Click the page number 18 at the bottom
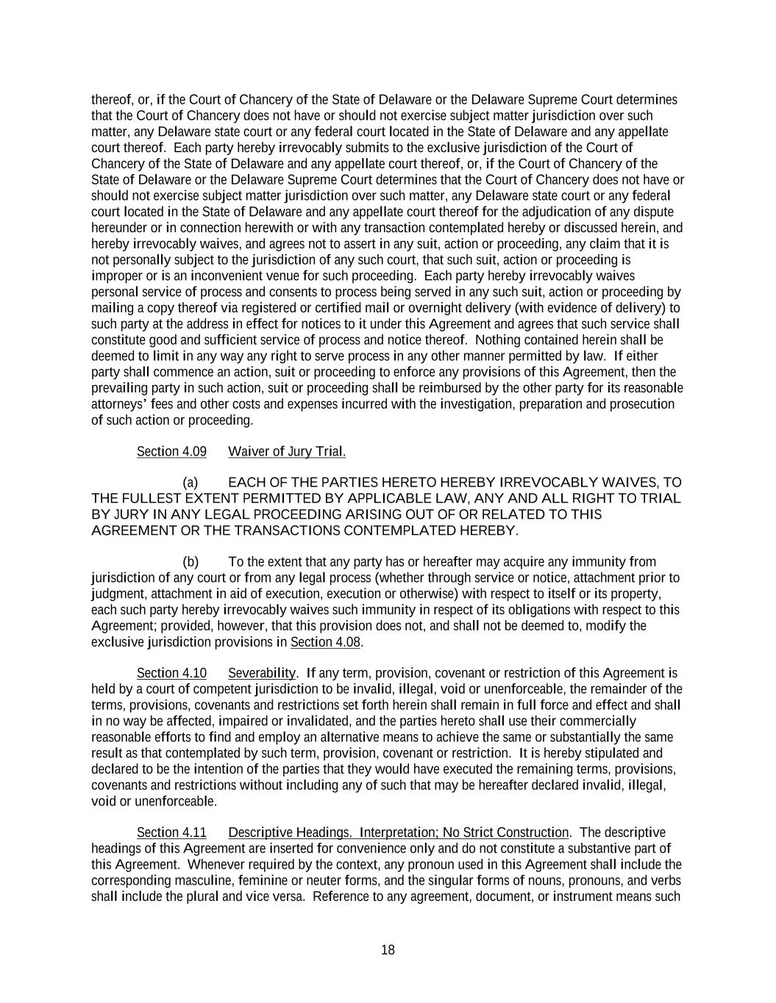tap(388, 950)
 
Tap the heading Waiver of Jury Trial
tap(287, 451)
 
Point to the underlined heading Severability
tap(262, 673)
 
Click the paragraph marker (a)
tap(191, 483)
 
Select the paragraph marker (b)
tap(191, 562)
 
